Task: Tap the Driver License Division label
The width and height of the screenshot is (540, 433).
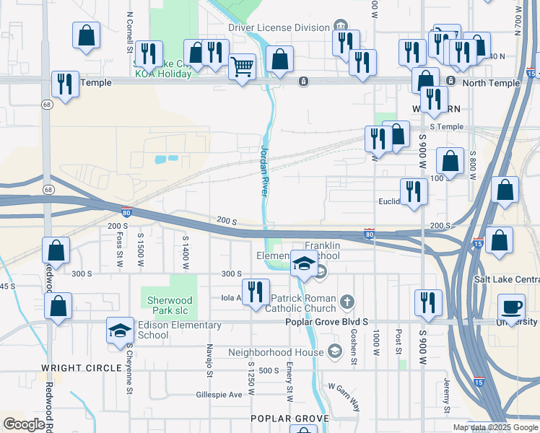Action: [279, 27]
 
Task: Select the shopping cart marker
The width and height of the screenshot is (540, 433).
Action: [243, 67]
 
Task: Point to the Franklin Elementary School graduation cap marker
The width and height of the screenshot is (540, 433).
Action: [304, 263]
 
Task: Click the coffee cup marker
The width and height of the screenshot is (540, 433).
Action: [513, 306]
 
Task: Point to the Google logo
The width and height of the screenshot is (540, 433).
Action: [25, 424]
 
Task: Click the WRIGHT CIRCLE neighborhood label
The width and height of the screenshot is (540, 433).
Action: [82, 368]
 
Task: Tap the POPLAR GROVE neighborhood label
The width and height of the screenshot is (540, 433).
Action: [289, 419]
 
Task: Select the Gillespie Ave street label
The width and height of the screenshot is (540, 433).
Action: [219, 395]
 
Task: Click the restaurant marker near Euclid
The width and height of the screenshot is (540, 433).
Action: [414, 191]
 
